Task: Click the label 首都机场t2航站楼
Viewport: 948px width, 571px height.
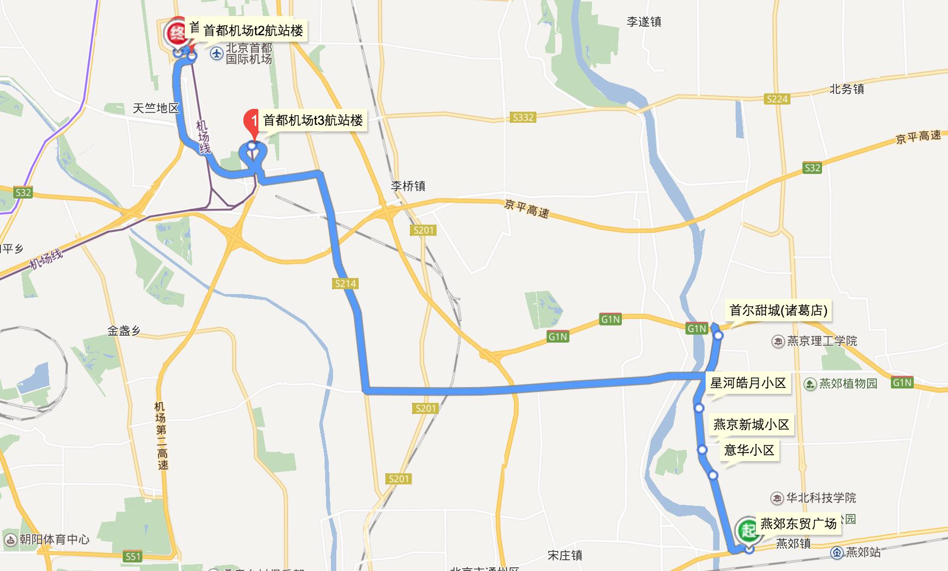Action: [253, 30]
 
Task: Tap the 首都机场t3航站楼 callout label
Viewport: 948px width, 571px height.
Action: [313, 121]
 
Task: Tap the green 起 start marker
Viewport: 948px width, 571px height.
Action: [747, 530]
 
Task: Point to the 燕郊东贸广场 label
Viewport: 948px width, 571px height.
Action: [798, 524]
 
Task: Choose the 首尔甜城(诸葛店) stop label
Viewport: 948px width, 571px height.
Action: [778, 311]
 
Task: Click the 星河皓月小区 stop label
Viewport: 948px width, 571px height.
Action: [748, 383]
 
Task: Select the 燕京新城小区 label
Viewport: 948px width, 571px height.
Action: [751, 425]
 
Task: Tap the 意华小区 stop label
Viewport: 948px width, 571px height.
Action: [749, 450]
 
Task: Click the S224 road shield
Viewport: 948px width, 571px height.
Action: [777, 99]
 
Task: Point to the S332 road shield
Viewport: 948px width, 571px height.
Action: [523, 117]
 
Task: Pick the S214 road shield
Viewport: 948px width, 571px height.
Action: [345, 283]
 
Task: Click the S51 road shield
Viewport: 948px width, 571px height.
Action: [132, 557]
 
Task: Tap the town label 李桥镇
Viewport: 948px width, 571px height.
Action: [408, 186]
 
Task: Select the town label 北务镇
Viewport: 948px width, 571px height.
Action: [847, 89]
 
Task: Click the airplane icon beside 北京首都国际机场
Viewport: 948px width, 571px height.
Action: [216, 53]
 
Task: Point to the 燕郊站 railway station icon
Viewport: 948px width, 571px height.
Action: [836, 553]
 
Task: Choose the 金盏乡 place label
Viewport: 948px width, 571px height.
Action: [124, 331]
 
